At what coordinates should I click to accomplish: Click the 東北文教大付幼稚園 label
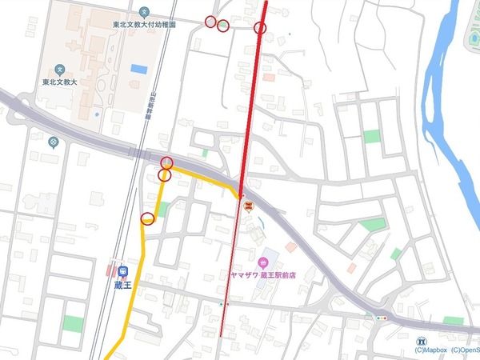pos(143,25)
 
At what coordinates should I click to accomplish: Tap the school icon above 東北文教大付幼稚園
pos(143,12)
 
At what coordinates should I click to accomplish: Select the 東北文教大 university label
pos(61,82)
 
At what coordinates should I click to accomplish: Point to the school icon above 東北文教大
pos(61,69)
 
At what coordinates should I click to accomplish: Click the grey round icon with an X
pos(53,142)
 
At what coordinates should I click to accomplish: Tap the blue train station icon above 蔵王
pos(122,270)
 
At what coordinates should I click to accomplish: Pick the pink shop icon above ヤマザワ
pos(263,262)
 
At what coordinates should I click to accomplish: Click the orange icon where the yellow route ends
pos(248,206)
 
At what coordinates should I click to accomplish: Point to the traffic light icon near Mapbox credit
pos(380,318)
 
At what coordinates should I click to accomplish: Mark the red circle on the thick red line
pos(260,29)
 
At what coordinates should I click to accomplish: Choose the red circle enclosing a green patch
pos(223,26)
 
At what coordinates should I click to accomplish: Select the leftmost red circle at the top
pos(210,22)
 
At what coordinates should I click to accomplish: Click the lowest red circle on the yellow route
pos(147,219)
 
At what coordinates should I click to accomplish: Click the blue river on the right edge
pos(452,120)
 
